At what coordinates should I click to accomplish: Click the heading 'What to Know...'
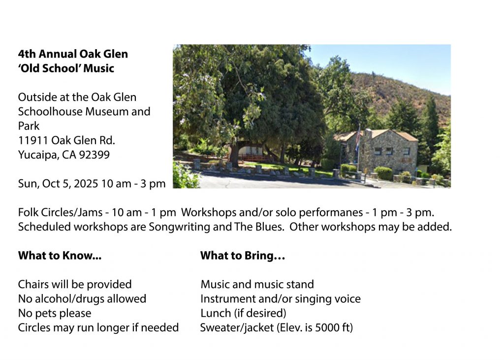click(x=60, y=256)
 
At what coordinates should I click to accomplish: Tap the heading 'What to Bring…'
click(x=243, y=256)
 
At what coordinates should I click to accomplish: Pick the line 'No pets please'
click(x=55, y=313)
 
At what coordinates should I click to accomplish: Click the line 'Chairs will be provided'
click(x=75, y=284)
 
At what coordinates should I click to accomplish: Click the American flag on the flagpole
click(x=358, y=137)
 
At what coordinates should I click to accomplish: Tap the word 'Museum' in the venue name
click(x=107, y=112)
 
